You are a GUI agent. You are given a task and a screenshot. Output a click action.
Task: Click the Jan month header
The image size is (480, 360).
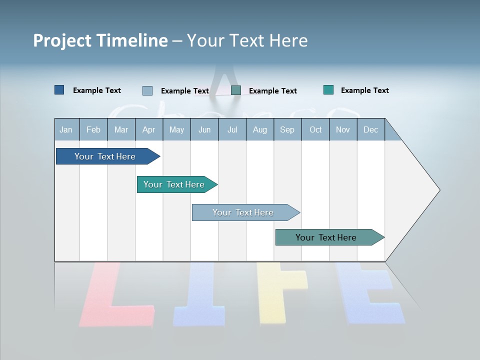pyautogui.click(x=66, y=129)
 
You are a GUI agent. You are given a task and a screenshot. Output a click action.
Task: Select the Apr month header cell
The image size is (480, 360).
pyautogui.click(x=148, y=129)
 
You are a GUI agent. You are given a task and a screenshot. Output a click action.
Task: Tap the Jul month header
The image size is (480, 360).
pyautogui.click(x=232, y=129)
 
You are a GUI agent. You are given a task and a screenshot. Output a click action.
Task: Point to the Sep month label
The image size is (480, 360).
pyautogui.click(x=287, y=129)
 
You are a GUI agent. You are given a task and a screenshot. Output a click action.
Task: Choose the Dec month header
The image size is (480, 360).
pyautogui.click(x=370, y=129)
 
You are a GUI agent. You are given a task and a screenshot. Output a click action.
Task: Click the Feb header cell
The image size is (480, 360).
pyautogui.click(x=93, y=129)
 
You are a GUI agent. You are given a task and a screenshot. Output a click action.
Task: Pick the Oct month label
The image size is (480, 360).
pyautogui.click(x=315, y=129)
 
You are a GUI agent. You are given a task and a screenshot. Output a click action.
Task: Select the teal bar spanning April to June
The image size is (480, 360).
pyautogui.click(x=175, y=184)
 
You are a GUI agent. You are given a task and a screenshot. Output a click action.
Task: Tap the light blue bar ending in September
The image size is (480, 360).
pyautogui.click(x=243, y=212)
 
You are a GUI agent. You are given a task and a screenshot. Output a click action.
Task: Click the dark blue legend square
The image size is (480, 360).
pyautogui.click(x=59, y=90)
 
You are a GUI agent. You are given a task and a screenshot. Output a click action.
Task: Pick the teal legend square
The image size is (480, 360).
pyautogui.click(x=328, y=90)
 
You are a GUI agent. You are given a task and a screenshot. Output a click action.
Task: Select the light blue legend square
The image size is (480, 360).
pyautogui.click(x=147, y=90)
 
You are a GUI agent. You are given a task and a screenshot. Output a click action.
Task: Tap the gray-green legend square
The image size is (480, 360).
pyautogui.click(x=236, y=90)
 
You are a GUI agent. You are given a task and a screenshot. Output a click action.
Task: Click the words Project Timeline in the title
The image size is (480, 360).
pyautogui.click(x=100, y=40)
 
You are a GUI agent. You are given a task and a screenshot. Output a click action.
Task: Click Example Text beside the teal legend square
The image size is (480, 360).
pyautogui.click(x=364, y=90)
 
